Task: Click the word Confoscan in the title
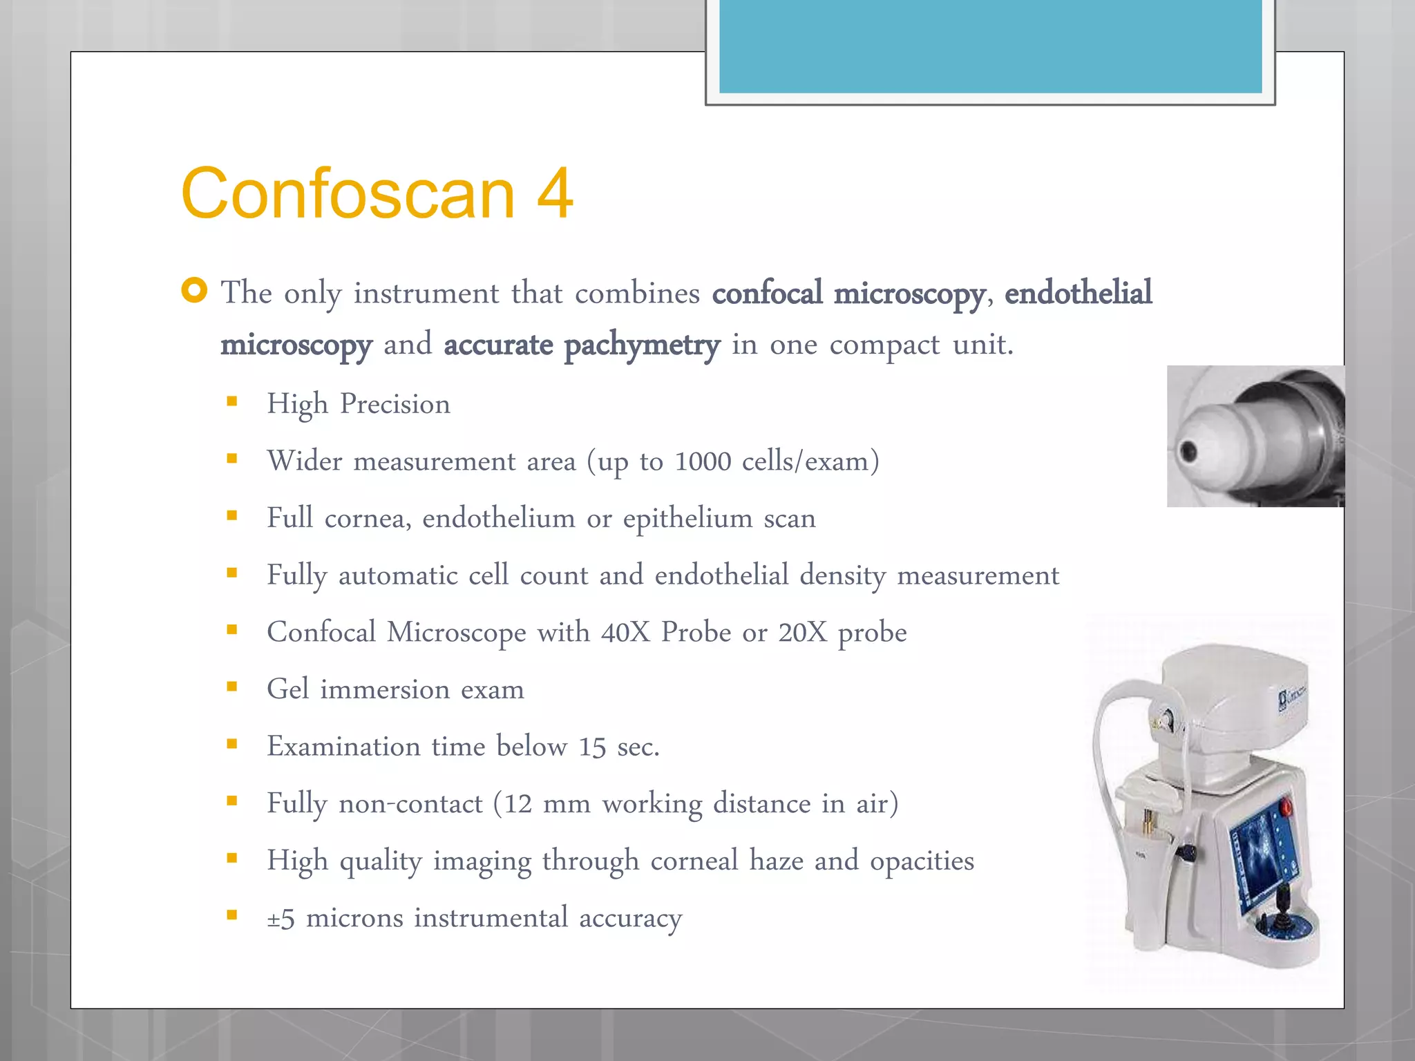pyautogui.click(x=348, y=194)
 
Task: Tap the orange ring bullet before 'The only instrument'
pyautogui.click(x=194, y=290)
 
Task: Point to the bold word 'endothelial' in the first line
pyautogui.click(x=1078, y=293)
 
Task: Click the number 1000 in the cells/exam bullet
pyautogui.click(x=702, y=461)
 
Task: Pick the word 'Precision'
pyautogui.click(x=395, y=404)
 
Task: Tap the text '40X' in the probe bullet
pyautogui.click(x=625, y=633)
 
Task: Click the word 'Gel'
pyautogui.click(x=287, y=689)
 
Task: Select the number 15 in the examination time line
pyautogui.click(x=592, y=747)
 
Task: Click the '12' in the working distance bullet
pyautogui.click(x=517, y=804)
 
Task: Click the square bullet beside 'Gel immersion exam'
pyautogui.click(x=232, y=687)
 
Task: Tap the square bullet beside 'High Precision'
pyautogui.click(x=232, y=401)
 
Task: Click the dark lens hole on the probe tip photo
pyautogui.click(x=1189, y=452)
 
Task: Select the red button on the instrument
pyautogui.click(x=1286, y=806)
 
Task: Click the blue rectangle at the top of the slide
pyautogui.click(x=990, y=46)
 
